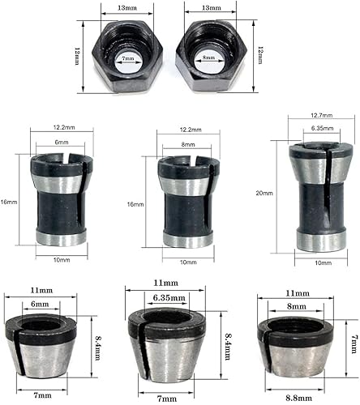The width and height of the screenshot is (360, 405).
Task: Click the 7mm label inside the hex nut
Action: (127, 58)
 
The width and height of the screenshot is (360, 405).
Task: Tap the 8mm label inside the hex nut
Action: (208, 58)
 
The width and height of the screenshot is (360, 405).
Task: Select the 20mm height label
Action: (264, 193)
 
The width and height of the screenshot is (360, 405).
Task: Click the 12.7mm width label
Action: (321, 116)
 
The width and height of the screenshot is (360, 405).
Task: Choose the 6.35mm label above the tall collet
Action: (322, 128)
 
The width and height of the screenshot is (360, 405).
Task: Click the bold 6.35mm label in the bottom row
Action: (169, 298)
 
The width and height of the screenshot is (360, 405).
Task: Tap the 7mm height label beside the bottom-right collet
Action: (354, 344)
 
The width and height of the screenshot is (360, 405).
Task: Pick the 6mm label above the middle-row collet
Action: (62, 142)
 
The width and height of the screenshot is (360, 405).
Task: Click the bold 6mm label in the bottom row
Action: (40, 305)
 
